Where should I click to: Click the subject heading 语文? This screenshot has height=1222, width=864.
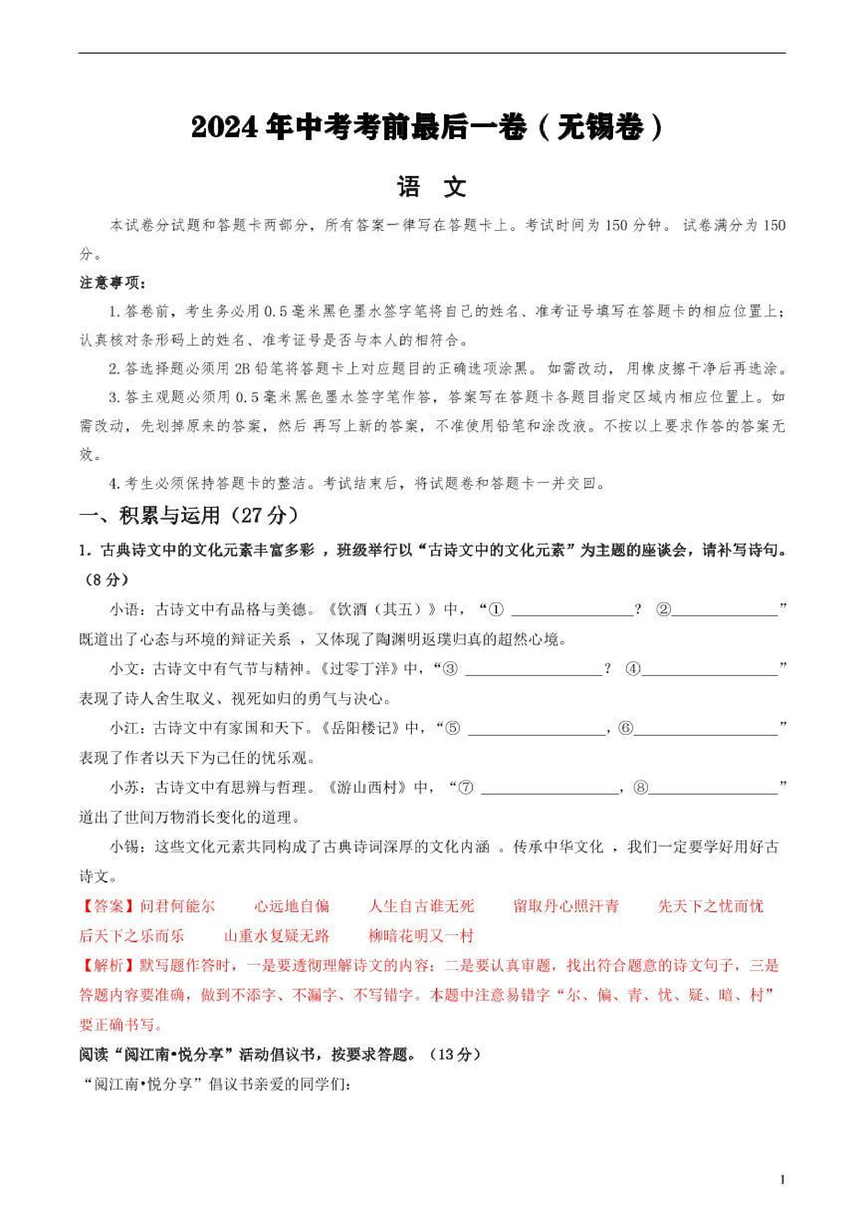click(x=432, y=187)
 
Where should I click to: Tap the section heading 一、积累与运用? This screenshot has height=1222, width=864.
click(x=188, y=515)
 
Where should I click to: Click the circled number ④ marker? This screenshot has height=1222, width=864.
click(x=633, y=669)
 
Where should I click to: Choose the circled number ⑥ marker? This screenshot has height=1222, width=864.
click(x=626, y=728)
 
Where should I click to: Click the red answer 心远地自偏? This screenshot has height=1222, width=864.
click(x=292, y=906)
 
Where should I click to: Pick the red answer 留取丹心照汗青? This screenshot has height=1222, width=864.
click(x=566, y=906)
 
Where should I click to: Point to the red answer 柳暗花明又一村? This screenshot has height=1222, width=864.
click(x=421, y=936)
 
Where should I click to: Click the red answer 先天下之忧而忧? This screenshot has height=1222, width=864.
click(x=710, y=906)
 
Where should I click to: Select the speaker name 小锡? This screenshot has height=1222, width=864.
click(x=124, y=847)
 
